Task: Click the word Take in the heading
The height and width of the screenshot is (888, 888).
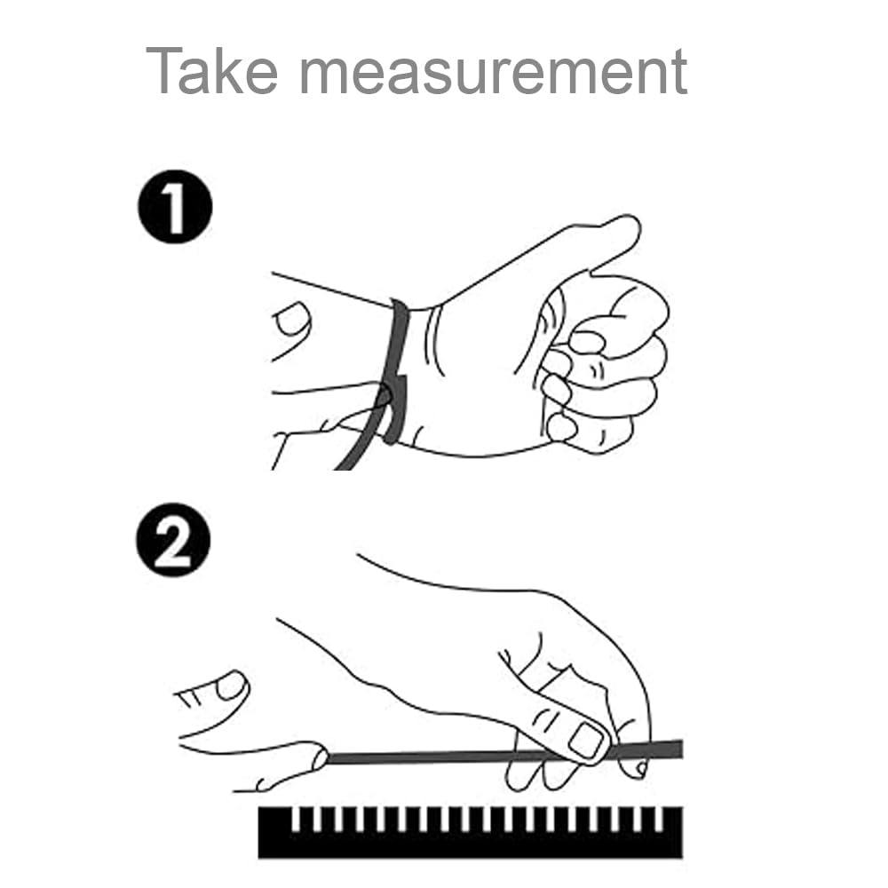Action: [x=212, y=71]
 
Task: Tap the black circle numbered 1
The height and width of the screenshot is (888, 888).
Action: [x=175, y=206]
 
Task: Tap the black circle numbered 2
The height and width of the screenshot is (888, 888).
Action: [x=173, y=539]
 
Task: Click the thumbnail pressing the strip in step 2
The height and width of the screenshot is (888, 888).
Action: [x=585, y=741]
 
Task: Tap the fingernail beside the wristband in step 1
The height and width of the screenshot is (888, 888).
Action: [x=291, y=319]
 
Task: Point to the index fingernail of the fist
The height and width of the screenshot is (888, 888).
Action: [x=587, y=341]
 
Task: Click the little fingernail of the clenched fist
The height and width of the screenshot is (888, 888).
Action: [x=561, y=427]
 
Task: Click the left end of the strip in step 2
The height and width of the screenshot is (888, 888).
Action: [x=328, y=758]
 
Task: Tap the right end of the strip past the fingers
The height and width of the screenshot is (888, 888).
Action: [x=680, y=749]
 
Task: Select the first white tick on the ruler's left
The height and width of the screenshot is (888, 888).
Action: [x=295, y=819]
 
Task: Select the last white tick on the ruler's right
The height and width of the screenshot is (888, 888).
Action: [x=658, y=819]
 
